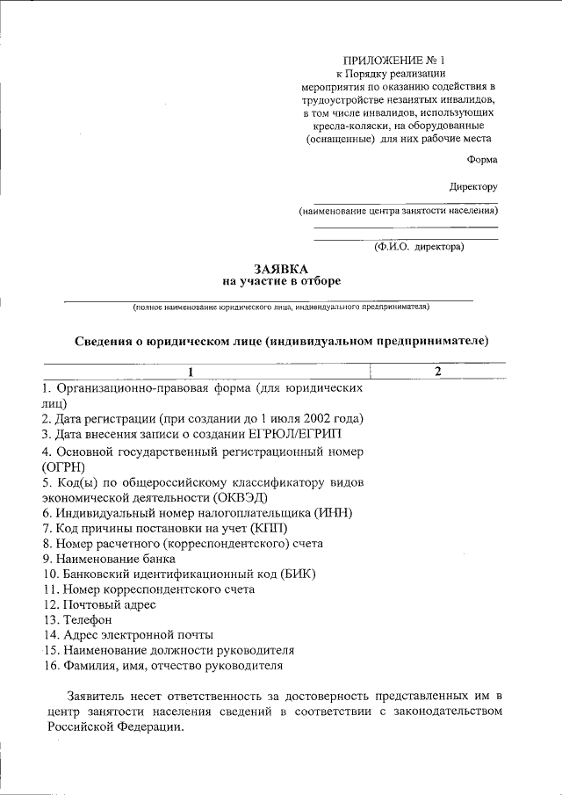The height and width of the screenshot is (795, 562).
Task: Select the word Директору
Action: click(x=473, y=187)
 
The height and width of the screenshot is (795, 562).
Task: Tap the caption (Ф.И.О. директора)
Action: click(x=419, y=247)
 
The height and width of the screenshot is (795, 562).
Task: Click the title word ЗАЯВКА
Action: click(x=281, y=268)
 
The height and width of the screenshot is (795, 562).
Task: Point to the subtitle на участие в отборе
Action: click(x=281, y=281)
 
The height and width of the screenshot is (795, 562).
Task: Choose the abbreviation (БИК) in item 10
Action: click(x=296, y=574)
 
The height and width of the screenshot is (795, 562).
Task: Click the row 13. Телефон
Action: click(x=71, y=620)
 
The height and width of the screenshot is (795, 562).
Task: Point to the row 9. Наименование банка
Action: click(x=109, y=559)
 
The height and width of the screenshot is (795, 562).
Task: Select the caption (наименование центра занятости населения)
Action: click(x=398, y=212)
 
